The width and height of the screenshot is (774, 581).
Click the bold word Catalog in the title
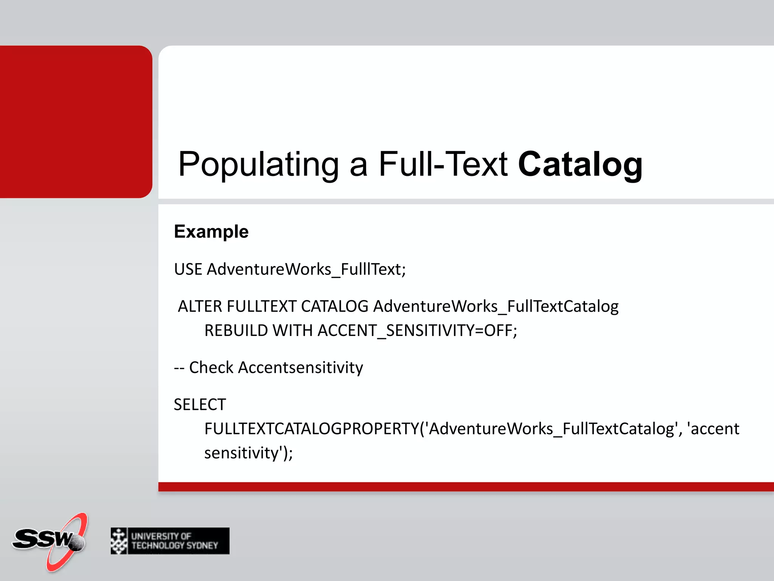[x=580, y=165]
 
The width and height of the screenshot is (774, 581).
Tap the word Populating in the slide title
[x=259, y=165]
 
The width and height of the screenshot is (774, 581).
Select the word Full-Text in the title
[x=443, y=165]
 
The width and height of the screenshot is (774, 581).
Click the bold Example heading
[x=211, y=231]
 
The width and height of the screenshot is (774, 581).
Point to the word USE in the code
[x=188, y=269]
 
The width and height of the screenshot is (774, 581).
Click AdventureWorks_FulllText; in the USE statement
[x=307, y=269]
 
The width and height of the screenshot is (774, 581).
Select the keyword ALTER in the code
[x=200, y=306]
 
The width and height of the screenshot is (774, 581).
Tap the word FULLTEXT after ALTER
[x=261, y=306]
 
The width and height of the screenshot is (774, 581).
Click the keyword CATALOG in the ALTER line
[x=334, y=306]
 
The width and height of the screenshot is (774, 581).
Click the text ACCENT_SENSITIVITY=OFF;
[x=417, y=331]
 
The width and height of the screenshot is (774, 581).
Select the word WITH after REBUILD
[x=293, y=331]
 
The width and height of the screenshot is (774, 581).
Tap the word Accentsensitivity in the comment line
[x=300, y=368]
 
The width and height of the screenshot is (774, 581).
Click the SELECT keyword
[x=200, y=405]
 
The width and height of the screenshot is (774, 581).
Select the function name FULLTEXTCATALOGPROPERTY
[x=311, y=429]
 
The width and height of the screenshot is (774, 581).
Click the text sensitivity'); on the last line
[x=248, y=453]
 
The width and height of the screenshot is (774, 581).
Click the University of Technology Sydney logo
[x=170, y=541]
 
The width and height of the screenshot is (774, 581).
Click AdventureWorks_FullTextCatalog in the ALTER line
[x=496, y=306]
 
